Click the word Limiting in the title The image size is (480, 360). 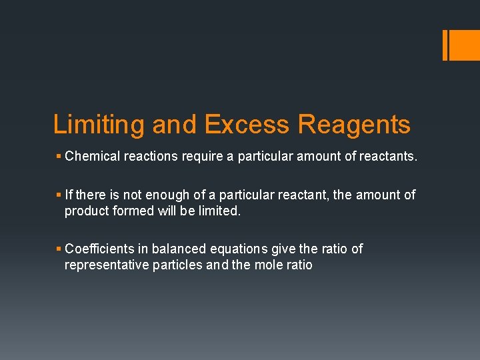coord(99,125)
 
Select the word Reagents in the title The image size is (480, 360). coord(354,125)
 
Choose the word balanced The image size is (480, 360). coord(181,249)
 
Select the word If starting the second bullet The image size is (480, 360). coord(69,195)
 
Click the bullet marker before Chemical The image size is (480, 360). coord(59,157)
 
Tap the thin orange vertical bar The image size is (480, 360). coord(445,45)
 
